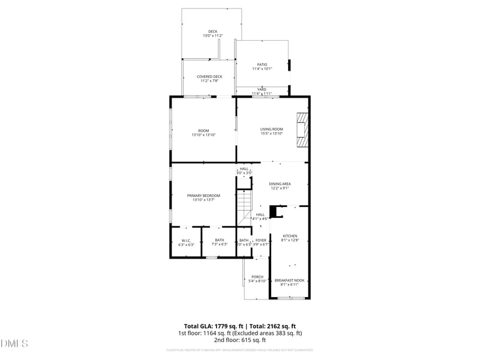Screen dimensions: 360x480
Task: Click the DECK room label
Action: [213, 32]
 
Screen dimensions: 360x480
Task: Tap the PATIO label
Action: [262, 64]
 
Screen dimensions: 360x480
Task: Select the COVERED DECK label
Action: [209, 77]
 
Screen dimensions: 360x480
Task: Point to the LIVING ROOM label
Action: [271, 129]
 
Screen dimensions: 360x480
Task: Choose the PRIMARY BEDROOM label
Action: [203, 196]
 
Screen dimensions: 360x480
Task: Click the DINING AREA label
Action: [280, 184]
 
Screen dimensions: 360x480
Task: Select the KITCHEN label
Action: [290, 236]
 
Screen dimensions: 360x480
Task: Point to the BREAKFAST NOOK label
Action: [290, 280]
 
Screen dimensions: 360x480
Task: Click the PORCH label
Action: [257, 277]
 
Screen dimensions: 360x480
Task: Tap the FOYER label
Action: [261, 240]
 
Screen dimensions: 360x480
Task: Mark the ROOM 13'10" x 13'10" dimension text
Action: [203, 135]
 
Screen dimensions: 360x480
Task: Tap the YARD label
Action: [262, 89]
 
